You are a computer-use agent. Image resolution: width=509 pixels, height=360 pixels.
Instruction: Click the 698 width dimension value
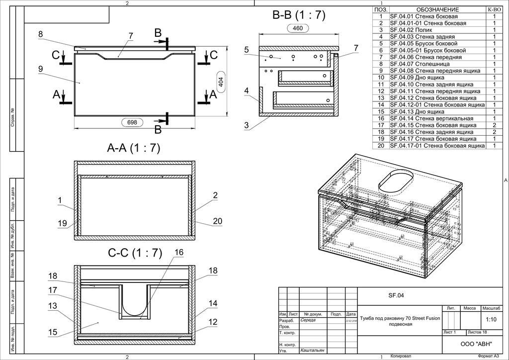[x=132, y=122]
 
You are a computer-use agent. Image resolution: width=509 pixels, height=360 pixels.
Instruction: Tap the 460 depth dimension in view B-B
[x=297, y=28]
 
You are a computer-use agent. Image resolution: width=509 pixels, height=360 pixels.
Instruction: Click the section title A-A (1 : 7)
[x=134, y=148]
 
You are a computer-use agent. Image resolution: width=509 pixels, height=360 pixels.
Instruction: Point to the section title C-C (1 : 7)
[x=135, y=253]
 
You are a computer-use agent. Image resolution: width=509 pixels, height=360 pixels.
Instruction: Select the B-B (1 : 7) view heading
[x=299, y=15]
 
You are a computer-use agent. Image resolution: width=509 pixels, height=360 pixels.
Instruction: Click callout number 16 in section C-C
[x=179, y=252]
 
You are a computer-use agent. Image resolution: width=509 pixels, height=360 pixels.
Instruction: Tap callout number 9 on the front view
[x=40, y=69]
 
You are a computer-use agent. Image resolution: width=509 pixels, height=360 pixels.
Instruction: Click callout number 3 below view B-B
[x=246, y=125]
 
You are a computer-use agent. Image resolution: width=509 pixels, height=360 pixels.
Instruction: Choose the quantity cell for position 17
[x=495, y=125]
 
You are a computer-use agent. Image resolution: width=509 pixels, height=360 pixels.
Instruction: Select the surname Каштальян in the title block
[x=314, y=351]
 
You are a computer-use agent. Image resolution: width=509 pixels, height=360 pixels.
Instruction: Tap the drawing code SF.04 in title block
[x=396, y=295]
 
